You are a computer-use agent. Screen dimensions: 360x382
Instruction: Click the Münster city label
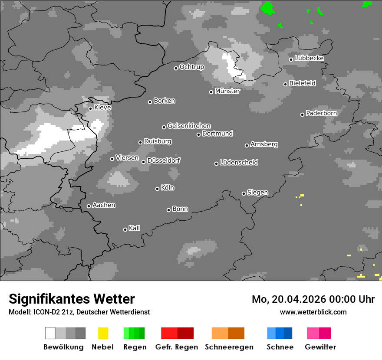227,91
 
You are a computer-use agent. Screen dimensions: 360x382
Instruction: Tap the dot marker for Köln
157,189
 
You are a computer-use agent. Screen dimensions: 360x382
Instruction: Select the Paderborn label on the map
321,113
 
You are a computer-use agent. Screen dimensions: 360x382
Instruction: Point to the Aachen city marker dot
89,206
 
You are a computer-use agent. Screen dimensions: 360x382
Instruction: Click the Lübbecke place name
309,58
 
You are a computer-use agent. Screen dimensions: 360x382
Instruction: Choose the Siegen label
257,193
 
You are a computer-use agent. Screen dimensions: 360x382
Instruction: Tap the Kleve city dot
90,108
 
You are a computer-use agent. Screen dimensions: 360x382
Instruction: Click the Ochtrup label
191,67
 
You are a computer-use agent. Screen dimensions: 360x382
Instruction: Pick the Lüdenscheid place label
239,163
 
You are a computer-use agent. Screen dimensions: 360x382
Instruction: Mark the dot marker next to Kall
125,229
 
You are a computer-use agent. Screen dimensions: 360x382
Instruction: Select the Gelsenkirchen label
189,126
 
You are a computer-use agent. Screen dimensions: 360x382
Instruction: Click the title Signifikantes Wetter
72,299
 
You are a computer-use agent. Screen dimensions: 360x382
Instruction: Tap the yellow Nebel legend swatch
103,333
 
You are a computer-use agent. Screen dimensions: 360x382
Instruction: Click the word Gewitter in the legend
320,347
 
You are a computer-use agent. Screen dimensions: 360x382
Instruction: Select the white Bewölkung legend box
50,333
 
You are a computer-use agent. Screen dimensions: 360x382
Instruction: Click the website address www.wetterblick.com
313,312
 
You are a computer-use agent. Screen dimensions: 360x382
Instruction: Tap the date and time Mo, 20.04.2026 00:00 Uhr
313,299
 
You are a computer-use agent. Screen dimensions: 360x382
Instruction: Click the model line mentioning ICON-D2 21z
79,312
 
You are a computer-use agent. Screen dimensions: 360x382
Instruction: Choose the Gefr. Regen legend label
177,347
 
